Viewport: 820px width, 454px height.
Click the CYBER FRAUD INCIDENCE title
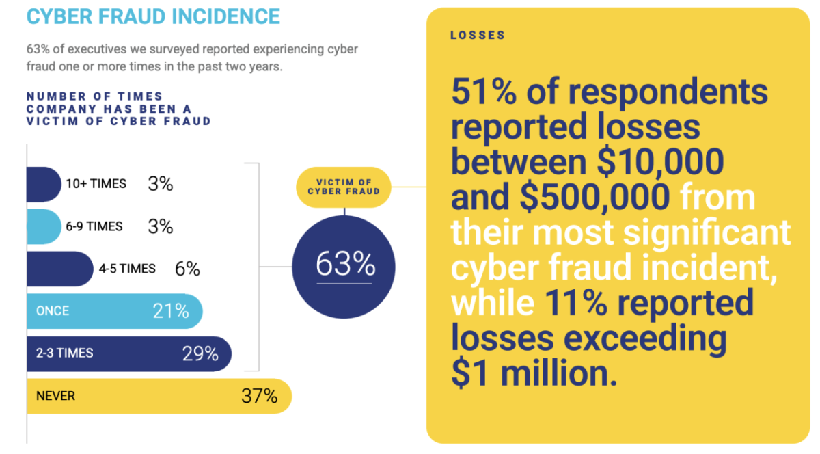pyautogui.click(x=153, y=16)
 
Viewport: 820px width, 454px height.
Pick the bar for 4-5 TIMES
pyautogui.click(x=59, y=269)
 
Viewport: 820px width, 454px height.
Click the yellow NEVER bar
pyautogui.click(x=157, y=396)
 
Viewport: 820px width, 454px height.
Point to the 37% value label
pyautogui.click(x=259, y=396)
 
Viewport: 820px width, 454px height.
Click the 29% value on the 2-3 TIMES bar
pyautogui.click(x=200, y=353)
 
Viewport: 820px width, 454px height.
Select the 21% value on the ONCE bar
pyautogui.click(x=171, y=311)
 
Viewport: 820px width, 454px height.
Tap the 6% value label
pyautogui.click(x=187, y=269)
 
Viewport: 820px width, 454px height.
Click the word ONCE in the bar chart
pyautogui.click(x=53, y=311)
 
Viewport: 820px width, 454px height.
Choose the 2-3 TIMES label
pyautogui.click(x=65, y=353)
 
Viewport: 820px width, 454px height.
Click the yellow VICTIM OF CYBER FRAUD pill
pyautogui.click(x=344, y=186)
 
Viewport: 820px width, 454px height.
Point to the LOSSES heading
pyautogui.click(x=478, y=36)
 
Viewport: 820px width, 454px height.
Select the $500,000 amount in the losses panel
pyautogui.click(x=594, y=197)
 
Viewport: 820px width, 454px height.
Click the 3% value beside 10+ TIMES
pyautogui.click(x=161, y=184)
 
